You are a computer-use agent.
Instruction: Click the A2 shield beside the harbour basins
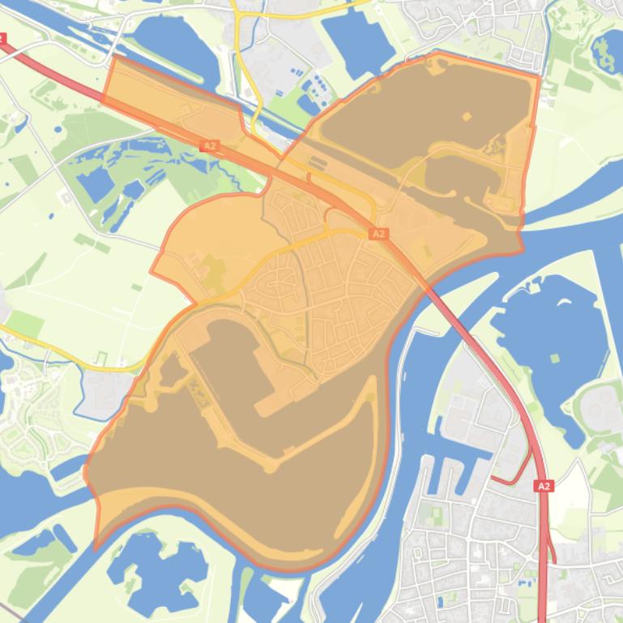(543, 486)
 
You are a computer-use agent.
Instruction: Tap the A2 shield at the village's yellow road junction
(378, 234)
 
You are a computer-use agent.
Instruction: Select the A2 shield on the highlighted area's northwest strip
(210, 146)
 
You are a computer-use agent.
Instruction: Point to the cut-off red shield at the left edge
(2, 38)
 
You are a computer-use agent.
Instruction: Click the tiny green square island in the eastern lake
(554, 358)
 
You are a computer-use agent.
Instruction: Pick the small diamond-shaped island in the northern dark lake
(467, 117)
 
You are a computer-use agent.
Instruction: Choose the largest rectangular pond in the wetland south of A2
(96, 184)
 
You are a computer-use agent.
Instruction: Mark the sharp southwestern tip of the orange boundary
(96, 549)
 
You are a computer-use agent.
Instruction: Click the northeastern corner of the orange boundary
(538, 75)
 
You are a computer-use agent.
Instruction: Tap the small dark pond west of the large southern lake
(173, 370)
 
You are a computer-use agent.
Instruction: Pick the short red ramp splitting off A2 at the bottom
(553, 550)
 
